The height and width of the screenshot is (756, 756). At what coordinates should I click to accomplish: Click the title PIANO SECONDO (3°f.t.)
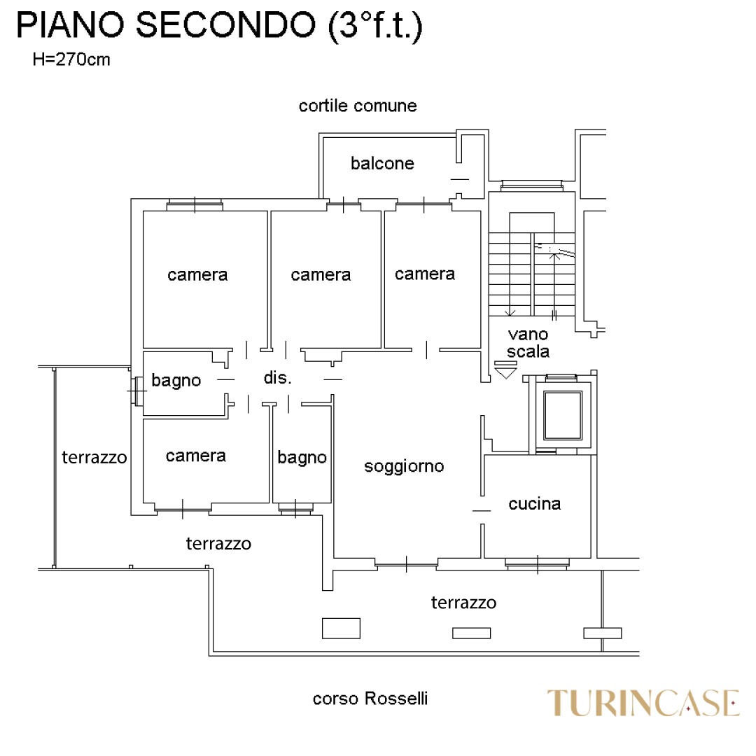point(219,26)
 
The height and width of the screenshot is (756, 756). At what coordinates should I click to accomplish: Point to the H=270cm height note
point(71,59)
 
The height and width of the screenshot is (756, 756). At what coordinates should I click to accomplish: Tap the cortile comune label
point(357,106)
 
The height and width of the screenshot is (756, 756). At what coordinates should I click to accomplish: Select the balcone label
point(382,164)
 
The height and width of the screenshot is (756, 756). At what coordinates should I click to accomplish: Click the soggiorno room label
point(404,466)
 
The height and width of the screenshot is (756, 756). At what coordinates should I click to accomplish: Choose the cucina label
point(535,503)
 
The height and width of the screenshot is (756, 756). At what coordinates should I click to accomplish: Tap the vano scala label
point(528,343)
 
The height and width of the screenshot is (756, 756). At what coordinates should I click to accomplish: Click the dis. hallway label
point(277,378)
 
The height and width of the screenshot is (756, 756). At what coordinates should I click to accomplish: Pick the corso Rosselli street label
point(370,699)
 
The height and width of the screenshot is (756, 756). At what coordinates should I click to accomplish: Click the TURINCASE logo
point(643,703)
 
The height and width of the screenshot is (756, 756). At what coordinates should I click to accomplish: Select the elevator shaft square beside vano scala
point(563,415)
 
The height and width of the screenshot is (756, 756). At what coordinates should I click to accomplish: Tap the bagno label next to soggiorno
point(302,458)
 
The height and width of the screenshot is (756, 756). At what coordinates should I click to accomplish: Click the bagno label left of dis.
point(176,381)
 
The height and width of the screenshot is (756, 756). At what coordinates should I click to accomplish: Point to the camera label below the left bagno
point(196,456)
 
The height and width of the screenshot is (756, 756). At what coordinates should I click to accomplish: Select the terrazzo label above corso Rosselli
point(463,603)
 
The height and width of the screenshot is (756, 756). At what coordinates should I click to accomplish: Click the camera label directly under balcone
point(321,275)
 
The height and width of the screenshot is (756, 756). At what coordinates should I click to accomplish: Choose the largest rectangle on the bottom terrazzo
point(341,628)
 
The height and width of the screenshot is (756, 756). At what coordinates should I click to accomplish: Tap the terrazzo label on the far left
point(94,458)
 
